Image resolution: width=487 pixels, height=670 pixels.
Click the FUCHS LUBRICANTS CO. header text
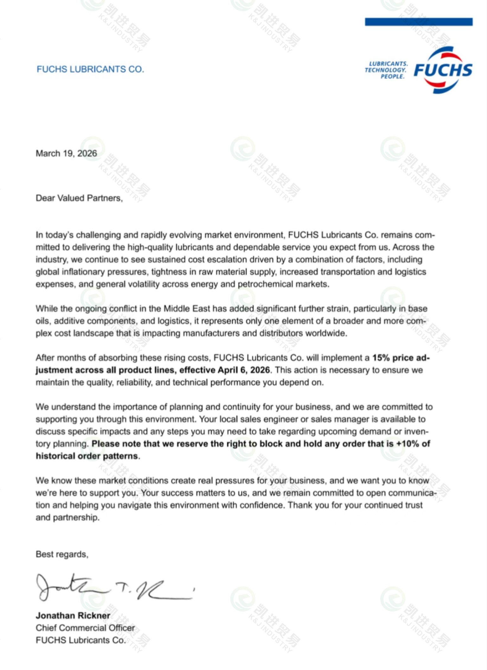(90, 69)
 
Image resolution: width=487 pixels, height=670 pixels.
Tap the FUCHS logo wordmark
(443, 70)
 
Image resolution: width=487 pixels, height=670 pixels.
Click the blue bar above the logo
(419, 22)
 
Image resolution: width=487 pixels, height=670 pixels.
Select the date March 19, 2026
(66, 154)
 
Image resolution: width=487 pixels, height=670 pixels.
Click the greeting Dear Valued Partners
(79, 198)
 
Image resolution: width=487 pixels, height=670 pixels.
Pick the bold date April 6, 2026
(244, 370)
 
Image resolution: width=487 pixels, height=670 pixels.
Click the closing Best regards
(62, 554)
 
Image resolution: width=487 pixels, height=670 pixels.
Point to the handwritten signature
(114, 587)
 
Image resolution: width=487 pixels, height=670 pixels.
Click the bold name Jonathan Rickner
(73, 615)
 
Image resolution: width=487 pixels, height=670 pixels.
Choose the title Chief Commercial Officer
(85, 628)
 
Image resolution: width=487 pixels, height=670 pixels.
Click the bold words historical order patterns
(87, 456)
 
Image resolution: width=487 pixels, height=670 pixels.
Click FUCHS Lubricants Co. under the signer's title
(80, 640)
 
